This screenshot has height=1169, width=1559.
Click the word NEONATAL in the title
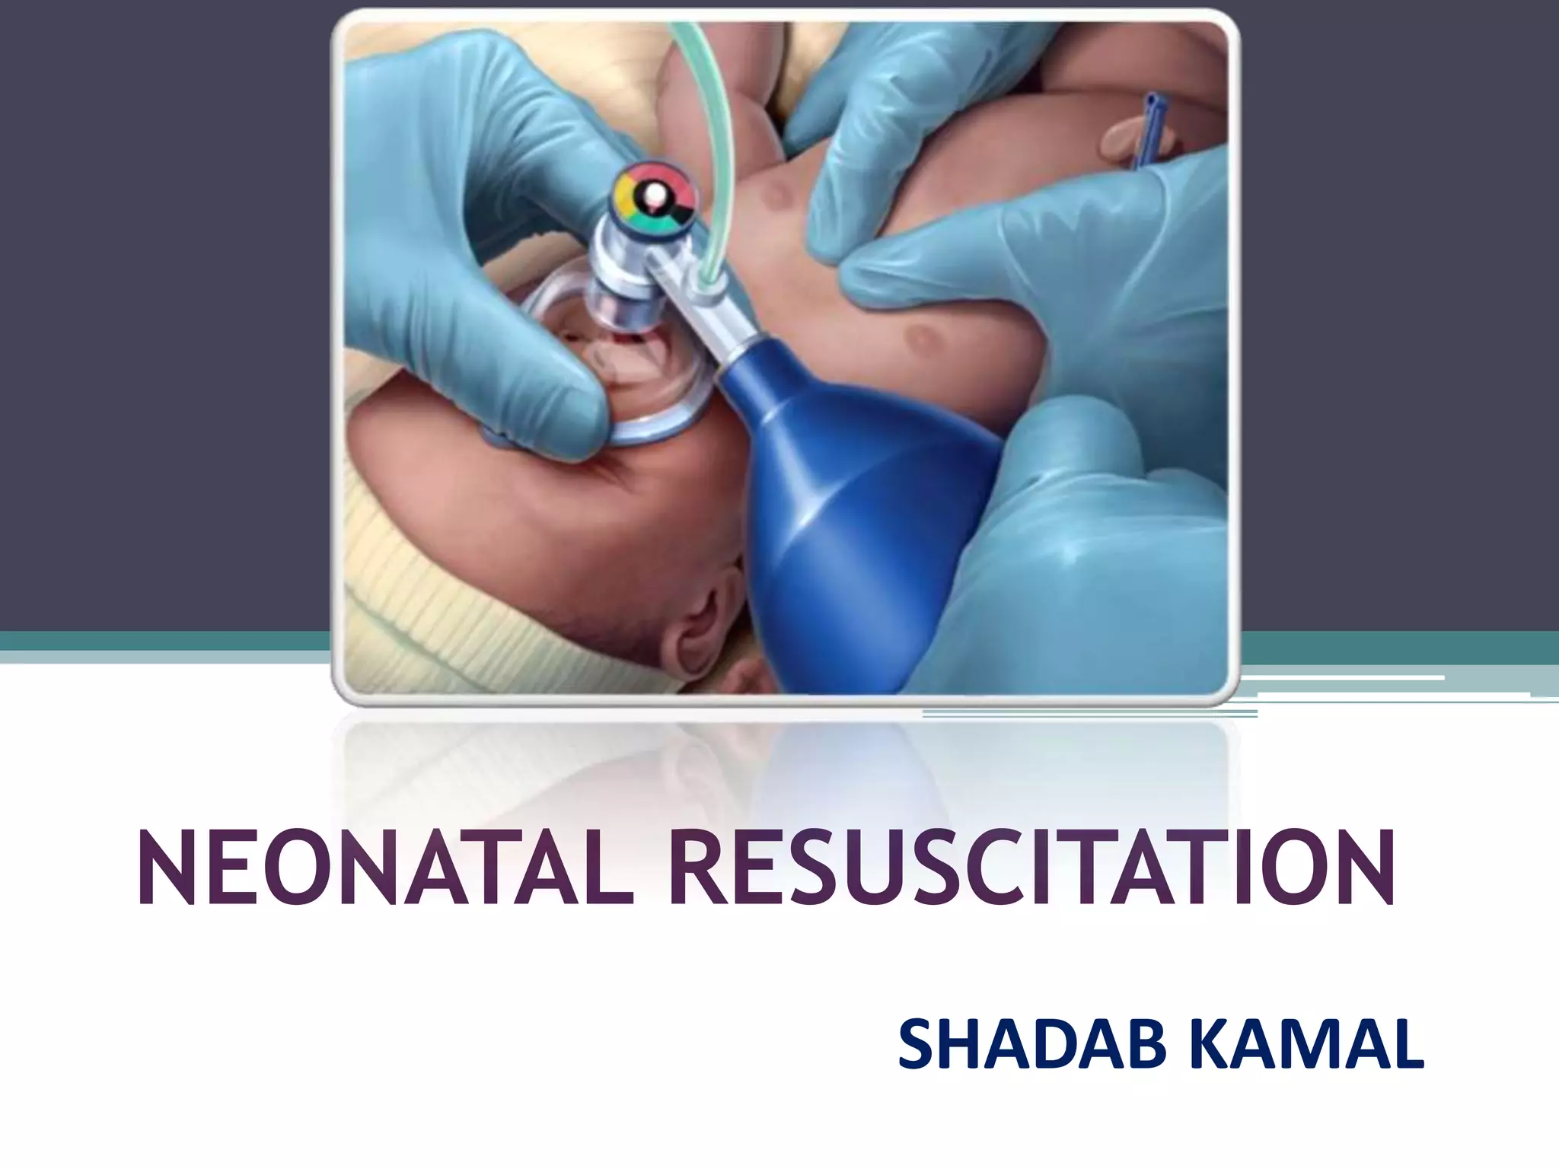coord(385,870)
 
